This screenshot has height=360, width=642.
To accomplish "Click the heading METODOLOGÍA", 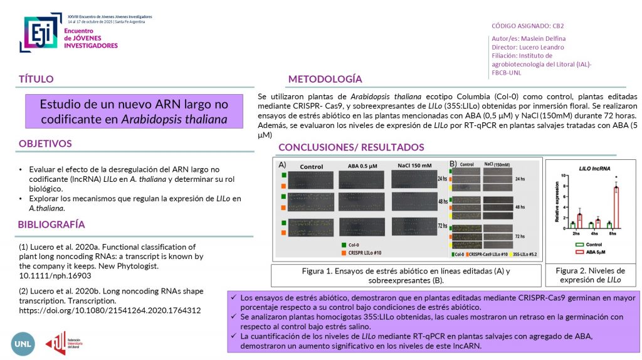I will tap(325, 79).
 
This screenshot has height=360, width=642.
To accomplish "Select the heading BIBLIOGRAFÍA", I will tap(51, 225).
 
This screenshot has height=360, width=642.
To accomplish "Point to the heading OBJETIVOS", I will tap(45, 144).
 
